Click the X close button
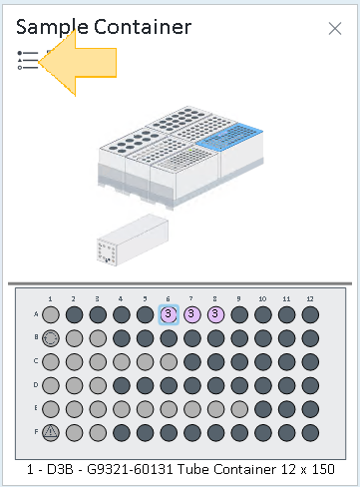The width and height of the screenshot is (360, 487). tap(335, 29)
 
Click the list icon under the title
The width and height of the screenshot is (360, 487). tap(28, 60)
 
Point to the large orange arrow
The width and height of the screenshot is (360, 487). tap(77, 63)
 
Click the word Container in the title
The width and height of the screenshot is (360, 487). tap(143, 27)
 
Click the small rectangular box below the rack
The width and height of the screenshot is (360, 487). tap(133, 240)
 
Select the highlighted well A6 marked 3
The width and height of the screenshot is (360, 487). tap(169, 314)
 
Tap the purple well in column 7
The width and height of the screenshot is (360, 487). tap(192, 314)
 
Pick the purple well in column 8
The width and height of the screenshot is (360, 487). tap(215, 314)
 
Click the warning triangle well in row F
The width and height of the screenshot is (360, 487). tap(51, 433)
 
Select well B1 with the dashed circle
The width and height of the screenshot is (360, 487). tap(51, 338)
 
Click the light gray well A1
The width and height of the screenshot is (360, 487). tap(51, 314)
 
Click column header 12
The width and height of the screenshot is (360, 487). tap(310, 298)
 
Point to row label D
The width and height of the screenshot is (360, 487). tap(36, 385)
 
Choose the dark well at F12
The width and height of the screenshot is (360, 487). tap(310, 433)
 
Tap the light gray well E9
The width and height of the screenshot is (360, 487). tap(239, 409)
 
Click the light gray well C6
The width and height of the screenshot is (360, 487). tap(169, 362)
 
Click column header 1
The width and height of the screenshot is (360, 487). tap(50, 298)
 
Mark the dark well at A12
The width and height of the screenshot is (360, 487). tap(310, 314)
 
